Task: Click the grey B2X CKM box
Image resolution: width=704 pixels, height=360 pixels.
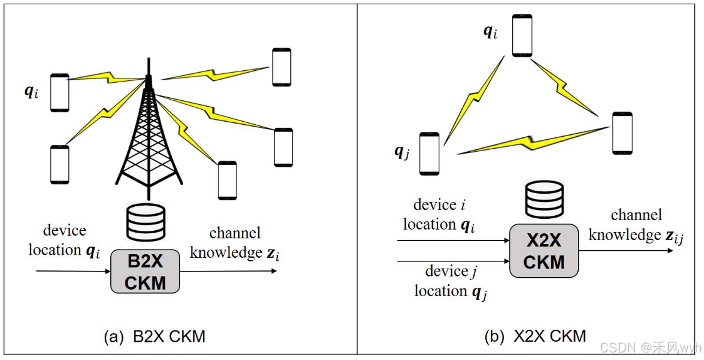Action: point(145,271)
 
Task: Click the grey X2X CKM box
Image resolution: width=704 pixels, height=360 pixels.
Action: point(544,251)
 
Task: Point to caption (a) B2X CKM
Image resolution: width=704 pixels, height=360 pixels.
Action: point(154,337)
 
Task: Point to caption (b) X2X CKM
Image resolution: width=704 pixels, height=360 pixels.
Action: point(535,336)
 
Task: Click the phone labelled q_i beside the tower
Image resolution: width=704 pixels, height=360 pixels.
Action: point(60,93)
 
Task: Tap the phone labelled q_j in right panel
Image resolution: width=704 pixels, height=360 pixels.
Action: point(429,153)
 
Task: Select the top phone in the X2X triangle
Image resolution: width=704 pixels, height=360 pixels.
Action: point(522,34)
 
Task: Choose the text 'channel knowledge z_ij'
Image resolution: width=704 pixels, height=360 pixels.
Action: point(636,226)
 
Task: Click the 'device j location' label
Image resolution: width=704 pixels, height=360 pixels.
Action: point(450,281)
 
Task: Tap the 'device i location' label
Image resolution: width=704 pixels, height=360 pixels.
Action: point(439,214)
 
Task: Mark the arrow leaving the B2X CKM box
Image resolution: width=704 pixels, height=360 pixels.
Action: point(228,271)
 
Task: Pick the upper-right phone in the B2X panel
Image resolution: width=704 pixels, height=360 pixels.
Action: point(280,66)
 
